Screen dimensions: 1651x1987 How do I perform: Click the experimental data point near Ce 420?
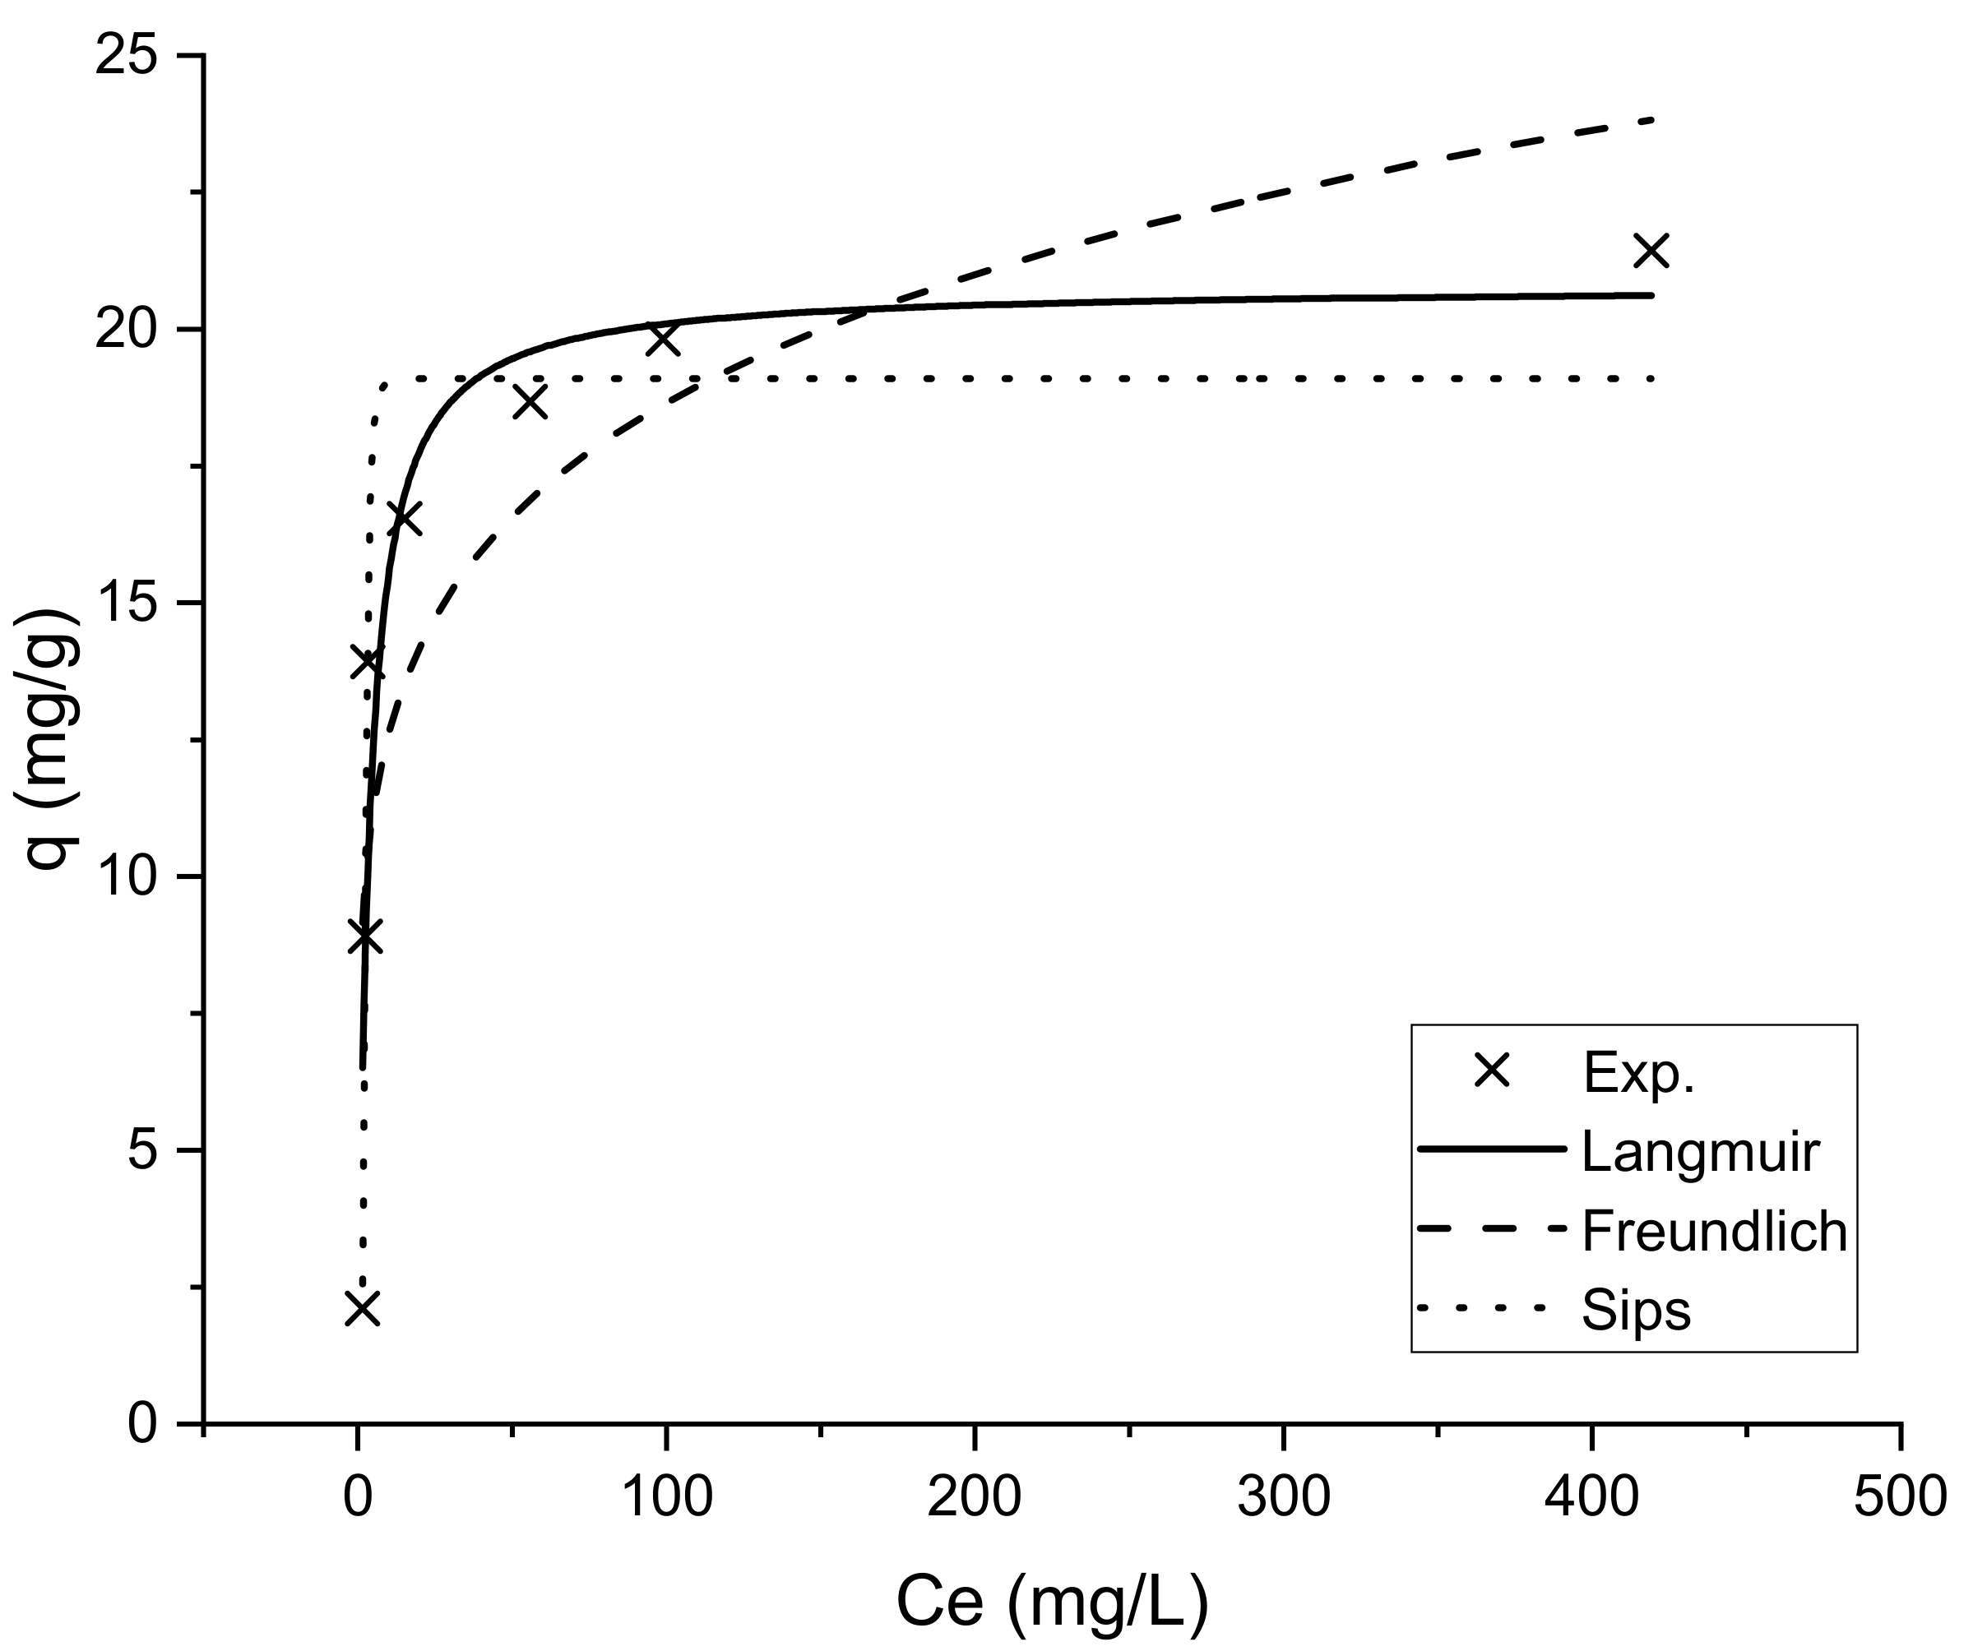pos(1652,251)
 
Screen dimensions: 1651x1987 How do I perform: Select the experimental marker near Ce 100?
pos(663,338)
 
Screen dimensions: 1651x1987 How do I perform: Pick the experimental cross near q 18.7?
pos(530,401)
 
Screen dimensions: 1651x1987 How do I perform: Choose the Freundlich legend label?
pos(1715,1232)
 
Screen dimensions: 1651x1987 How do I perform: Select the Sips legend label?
pos(1636,1311)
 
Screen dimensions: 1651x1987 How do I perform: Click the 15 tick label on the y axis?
pos(126,604)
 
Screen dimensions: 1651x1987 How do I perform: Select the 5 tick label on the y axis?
pos(142,1151)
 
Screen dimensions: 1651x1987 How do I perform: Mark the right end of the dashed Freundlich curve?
pos(1652,120)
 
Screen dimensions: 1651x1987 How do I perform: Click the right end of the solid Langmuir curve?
pos(1652,295)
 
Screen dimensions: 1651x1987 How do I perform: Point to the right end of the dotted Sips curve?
pos(1652,378)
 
